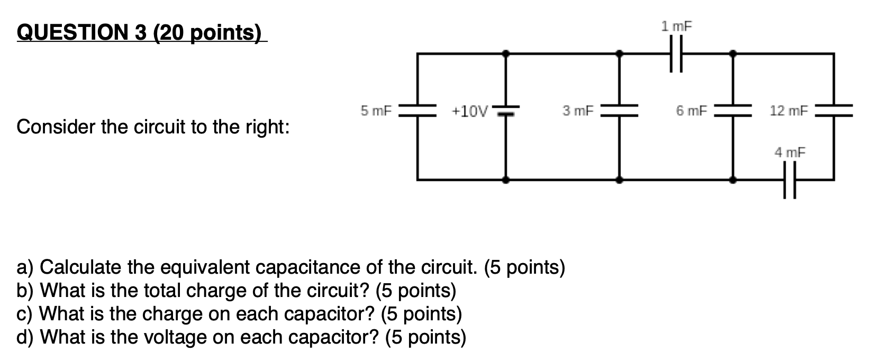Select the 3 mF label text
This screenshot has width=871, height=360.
pyautogui.click(x=578, y=111)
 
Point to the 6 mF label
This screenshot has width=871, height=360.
pyautogui.click(x=692, y=111)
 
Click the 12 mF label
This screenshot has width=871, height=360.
pyautogui.click(x=789, y=111)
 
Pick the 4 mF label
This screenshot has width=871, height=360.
pyautogui.click(x=790, y=152)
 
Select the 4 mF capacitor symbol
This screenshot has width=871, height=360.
pyautogui.click(x=790, y=180)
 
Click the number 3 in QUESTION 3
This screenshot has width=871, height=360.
pyautogui.click(x=140, y=33)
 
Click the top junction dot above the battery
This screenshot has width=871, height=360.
pyautogui.click(x=506, y=53)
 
